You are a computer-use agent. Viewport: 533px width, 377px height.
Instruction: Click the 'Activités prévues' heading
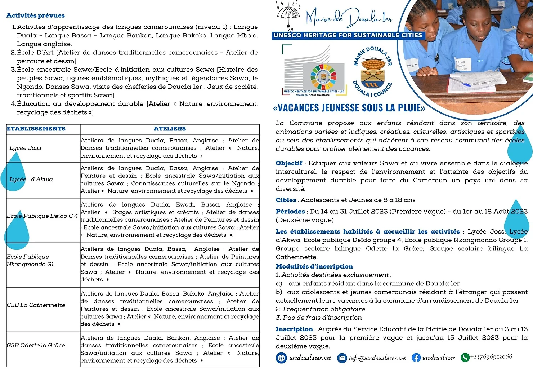[36, 15]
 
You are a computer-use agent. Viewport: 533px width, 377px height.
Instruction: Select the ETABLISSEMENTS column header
[36, 129]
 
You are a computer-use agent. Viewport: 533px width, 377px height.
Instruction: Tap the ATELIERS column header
[170, 129]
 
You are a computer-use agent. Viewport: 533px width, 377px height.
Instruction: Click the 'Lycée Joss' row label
[25, 148]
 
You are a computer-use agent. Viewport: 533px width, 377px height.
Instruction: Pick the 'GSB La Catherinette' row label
[36, 305]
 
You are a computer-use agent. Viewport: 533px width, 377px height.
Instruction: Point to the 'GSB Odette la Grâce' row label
[36, 345]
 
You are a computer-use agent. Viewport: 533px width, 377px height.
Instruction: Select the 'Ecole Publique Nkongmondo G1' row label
[30, 260]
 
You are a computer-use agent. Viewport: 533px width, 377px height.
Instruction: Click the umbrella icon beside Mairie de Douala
[288, 16]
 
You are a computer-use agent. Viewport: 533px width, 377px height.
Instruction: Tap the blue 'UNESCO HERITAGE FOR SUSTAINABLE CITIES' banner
[348, 35]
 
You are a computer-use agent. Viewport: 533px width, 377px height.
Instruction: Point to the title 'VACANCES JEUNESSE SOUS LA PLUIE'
[349, 108]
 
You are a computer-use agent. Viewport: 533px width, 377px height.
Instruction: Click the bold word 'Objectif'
[289, 163]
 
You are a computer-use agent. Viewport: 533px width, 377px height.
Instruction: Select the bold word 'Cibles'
[286, 200]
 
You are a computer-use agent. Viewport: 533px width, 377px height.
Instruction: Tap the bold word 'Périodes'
[290, 212]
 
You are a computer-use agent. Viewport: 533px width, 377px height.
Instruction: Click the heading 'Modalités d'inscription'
[314, 266]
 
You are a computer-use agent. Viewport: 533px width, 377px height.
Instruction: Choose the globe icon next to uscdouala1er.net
[281, 358]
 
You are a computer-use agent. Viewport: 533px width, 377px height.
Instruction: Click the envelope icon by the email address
[342, 358]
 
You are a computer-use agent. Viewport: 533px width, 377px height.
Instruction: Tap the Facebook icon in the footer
[416, 358]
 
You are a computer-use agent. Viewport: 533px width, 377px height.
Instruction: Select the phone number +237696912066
[491, 357]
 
